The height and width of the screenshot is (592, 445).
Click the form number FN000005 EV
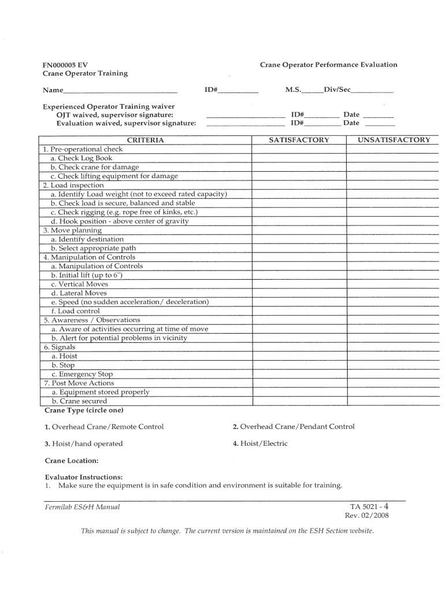(x=65, y=65)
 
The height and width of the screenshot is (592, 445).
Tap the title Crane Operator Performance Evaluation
(x=328, y=65)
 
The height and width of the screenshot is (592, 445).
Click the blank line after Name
(x=120, y=91)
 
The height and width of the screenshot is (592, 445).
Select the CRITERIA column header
(x=145, y=140)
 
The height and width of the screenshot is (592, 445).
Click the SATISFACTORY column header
(x=299, y=140)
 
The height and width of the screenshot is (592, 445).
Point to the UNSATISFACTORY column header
(x=394, y=140)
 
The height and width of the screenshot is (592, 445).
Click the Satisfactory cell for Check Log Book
(x=299, y=158)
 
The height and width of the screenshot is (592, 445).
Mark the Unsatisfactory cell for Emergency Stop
(x=394, y=374)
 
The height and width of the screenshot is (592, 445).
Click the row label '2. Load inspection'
(x=73, y=185)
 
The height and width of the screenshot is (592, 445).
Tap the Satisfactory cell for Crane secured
(x=299, y=401)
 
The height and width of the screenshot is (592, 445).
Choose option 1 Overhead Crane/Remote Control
(x=104, y=427)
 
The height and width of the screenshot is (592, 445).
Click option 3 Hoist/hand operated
(x=84, y=443)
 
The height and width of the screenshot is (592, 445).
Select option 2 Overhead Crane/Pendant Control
(x=293, y=427)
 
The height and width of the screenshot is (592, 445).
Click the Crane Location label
(x=71, y=461)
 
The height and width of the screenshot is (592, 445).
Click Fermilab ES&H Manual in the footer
(x=81, y=507)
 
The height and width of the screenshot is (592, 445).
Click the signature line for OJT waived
(x=245, y=116)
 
